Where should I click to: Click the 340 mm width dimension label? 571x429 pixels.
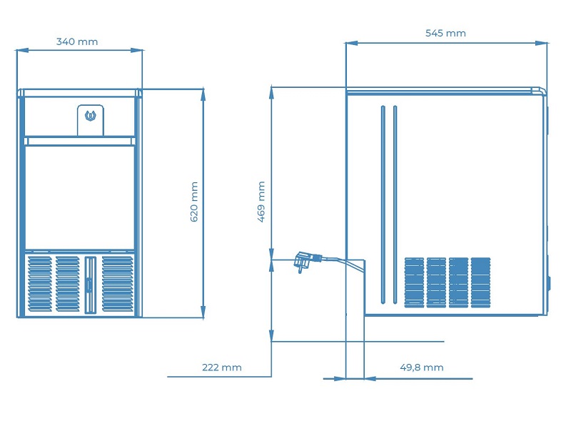[x=77, y=41]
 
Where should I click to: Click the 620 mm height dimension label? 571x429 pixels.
[x=194, y=202]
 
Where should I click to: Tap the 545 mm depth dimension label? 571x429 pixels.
[x=445, y=33]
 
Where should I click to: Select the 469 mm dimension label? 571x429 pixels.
[x=261, y=202]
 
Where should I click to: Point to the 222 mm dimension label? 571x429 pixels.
[x=222, y=368]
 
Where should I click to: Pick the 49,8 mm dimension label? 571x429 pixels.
[x=422, y=368]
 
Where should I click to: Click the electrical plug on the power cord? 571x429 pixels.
[x=307, y=261]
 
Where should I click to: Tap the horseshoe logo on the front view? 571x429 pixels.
[x=91, y=116]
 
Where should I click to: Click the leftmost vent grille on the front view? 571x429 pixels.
[x=40, y=284]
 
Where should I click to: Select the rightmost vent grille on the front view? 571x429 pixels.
[x=118, y=284]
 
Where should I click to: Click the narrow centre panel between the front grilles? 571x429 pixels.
[x=91, y=285]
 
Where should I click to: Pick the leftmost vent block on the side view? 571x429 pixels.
[x=415, y=282]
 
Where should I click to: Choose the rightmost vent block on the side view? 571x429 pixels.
[x=480, y=282]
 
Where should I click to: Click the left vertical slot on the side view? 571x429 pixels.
[x=383, y=204]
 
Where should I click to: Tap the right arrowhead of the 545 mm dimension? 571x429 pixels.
[x=542, y=43]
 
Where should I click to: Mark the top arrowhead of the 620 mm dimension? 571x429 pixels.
[x=203, y=94]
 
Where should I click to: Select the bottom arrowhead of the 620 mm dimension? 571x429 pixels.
[x=203, y=312]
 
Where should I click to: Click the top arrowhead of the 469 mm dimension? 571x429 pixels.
[x=271, y=93]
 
